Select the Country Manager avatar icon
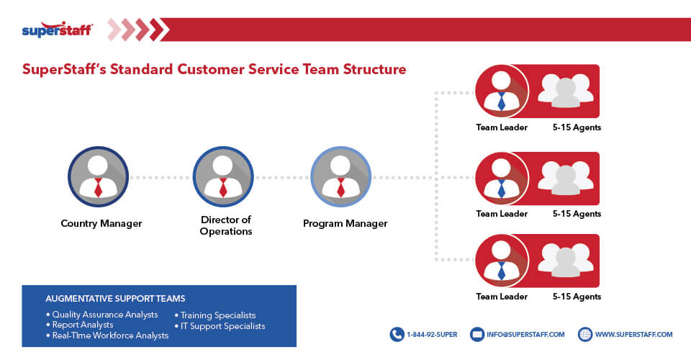(x=99, y=176)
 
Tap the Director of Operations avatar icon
(x=223, y=176)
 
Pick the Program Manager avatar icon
(x=341, y=176)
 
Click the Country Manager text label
(x=101, y=223)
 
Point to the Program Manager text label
(x=345, y=223)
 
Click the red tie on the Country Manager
(x=99, y=188)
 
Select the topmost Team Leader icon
(x=502, y=91)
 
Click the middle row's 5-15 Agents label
(x=577, y=214)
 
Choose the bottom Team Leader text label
(x=502, y=296)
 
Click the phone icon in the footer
(x=397, y=334)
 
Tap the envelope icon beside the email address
(x=477, y=334)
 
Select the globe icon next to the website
(x=585, y=334)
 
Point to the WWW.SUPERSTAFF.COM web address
(x=634, y=334)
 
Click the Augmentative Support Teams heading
(x=115, y=298)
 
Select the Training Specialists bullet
(x=217, y=315)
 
